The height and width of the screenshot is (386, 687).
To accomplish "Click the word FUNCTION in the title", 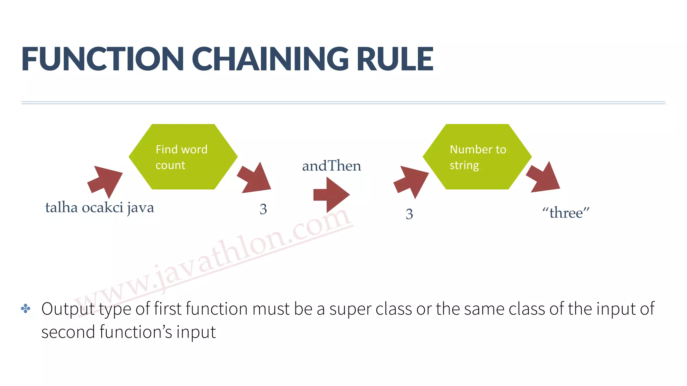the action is [103, 59].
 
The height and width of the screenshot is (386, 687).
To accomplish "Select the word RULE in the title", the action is [395, 59].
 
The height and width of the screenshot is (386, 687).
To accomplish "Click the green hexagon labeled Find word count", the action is [183, 157].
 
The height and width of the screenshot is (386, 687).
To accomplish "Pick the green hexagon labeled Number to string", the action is [477, 157].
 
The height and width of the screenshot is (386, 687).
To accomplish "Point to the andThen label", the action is [331, 166].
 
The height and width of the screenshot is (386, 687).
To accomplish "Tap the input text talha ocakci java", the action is [100, 208].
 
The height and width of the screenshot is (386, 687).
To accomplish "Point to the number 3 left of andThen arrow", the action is [263, 209].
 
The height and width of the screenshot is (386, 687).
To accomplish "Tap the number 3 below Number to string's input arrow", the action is [409, 214].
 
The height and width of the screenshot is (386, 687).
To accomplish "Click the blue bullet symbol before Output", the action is [26, 309].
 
